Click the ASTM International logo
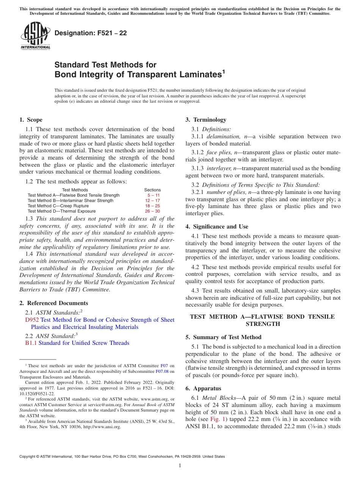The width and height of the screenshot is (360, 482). [35, 36]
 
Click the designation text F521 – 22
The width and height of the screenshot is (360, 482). [91, 33]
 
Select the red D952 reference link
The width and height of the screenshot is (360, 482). [32, 320]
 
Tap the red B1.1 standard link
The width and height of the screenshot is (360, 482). [31, 343]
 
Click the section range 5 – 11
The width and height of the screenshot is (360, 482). [152, 195]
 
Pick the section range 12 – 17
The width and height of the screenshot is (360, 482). [152, 200]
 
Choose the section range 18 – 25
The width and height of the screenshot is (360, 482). [152, 206]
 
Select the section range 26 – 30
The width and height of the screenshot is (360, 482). [152, 211]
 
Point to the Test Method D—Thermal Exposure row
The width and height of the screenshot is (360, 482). [61, 211]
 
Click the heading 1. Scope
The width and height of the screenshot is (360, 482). [31, 120]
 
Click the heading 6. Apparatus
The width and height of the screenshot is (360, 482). [203, 388]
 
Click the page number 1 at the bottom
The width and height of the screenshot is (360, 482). [180, 465]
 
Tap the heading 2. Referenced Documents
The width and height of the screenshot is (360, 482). [53, 303]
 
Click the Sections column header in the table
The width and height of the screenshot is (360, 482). [152, 190]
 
